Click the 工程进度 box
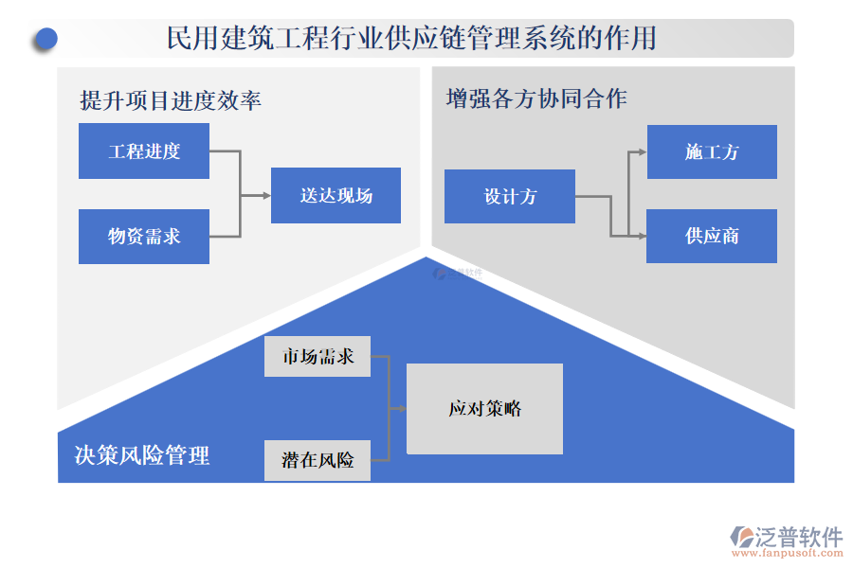tap(144, 151)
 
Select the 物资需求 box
tap(144, 237)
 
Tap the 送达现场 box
tap(336, 196)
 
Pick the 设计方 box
tap(510, 197)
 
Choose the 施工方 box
tap(711, 151)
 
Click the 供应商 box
tap(711, 236)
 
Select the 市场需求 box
tap(318, 357)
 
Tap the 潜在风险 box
tap(318, 460)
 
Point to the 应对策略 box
tap(484, 409)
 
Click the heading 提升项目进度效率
tap(171, 100)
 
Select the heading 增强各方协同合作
tap(536, 98)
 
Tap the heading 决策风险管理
tap(142, 455)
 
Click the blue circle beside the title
tap(45, 39)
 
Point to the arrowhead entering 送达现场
tap(266, 196)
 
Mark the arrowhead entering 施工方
tap(642, 151)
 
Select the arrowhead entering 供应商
tap(642, 236)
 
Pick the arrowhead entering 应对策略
tap(402, 409)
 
